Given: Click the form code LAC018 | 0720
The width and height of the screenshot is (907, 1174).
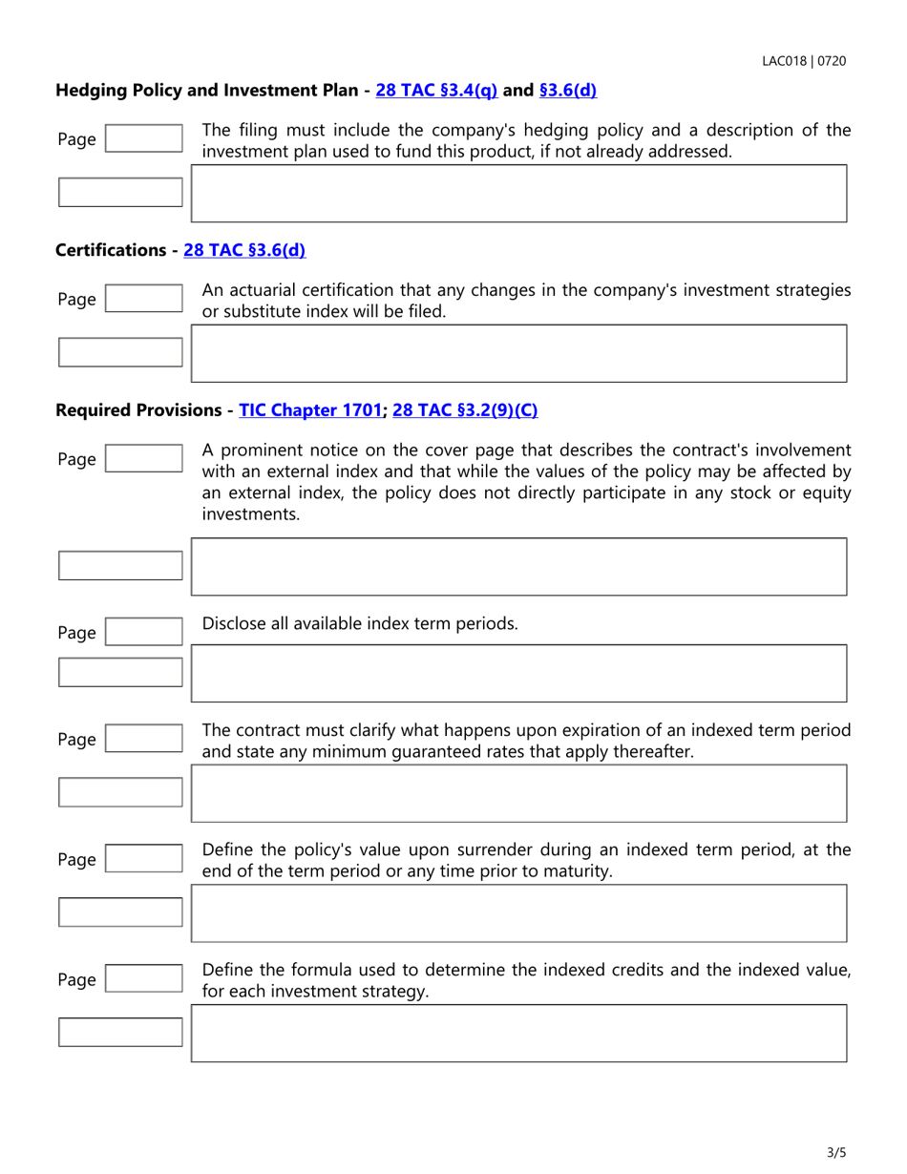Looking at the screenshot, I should click(x=803, y=61).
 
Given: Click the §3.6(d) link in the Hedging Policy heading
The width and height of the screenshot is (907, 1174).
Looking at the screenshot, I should click(x=568, y=91).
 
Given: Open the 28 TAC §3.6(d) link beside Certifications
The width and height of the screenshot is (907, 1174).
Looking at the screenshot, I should click(x=244, y=250).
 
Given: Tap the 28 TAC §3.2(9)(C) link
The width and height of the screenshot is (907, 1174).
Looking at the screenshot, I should click(x=465, y=409).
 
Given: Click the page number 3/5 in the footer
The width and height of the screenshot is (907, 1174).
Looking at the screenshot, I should click(x=836, y=1152).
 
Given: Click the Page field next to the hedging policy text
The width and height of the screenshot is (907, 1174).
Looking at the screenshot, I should click(x=142, y=138).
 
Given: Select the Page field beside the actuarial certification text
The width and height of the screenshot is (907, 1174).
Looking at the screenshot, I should click(x=142, y=299).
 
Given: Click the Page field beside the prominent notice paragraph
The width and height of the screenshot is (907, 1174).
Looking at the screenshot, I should click(x=142, y=459).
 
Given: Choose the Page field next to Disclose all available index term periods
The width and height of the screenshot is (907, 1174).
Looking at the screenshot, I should click(x=142, y=632).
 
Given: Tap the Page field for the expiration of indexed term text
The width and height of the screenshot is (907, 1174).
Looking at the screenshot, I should click(x=142, y=739).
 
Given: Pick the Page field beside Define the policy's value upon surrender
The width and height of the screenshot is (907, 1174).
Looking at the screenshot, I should click(x=142, y=859).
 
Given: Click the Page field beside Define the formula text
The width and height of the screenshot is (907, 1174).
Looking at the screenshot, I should click(x=142, y=979).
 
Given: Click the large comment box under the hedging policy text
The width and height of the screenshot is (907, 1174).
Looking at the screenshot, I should click(x=519, y=193).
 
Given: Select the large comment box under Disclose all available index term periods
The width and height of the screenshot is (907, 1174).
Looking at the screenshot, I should click(x=519, y=673).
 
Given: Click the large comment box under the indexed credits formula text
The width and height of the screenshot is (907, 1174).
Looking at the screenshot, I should click(x=519, y=1033).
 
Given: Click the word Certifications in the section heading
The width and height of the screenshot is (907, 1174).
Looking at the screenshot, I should click(x=110, y=250).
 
